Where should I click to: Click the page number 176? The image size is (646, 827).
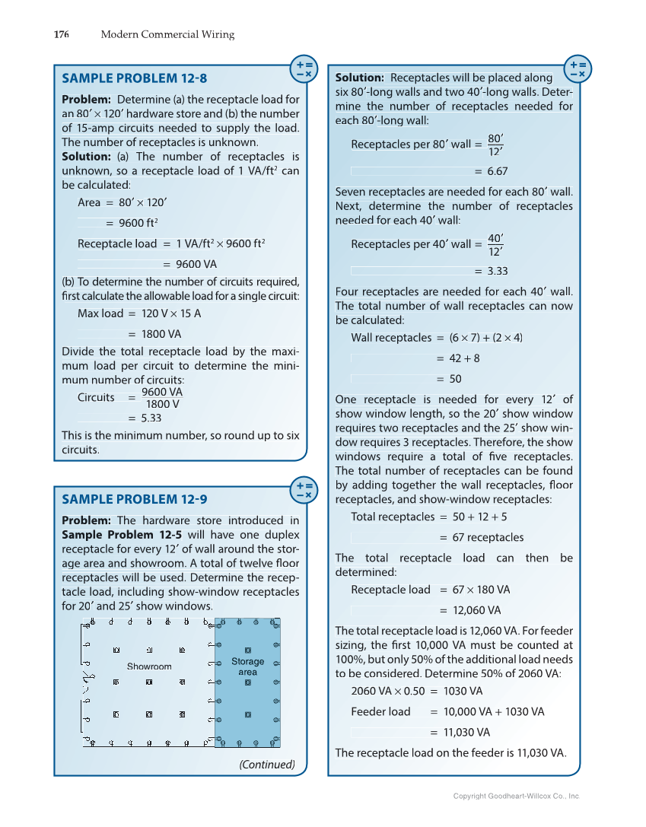click(62, 34)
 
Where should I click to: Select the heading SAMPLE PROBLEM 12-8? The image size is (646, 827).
click(134, 78)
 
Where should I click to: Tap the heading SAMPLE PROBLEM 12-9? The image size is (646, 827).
click(134, 499)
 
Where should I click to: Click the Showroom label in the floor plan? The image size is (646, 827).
click(149, 666)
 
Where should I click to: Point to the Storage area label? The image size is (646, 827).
click(247, 666)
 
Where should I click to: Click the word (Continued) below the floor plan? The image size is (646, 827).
click(267, 764)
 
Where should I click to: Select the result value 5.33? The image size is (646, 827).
click(151, 418)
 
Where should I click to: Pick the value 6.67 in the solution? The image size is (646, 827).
click(497, 171)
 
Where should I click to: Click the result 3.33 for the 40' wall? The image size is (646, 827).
click(497, 271)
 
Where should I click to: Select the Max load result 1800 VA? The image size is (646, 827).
click(161, 334)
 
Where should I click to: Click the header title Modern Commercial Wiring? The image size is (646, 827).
click(167, 34)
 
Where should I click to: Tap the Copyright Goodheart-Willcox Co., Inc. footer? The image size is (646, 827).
click(516, 796)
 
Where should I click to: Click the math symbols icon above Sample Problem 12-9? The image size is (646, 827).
click(304, 490)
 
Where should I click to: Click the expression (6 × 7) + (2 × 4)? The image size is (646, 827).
click(485, 338)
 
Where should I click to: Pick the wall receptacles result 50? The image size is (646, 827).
click(455, 379)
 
